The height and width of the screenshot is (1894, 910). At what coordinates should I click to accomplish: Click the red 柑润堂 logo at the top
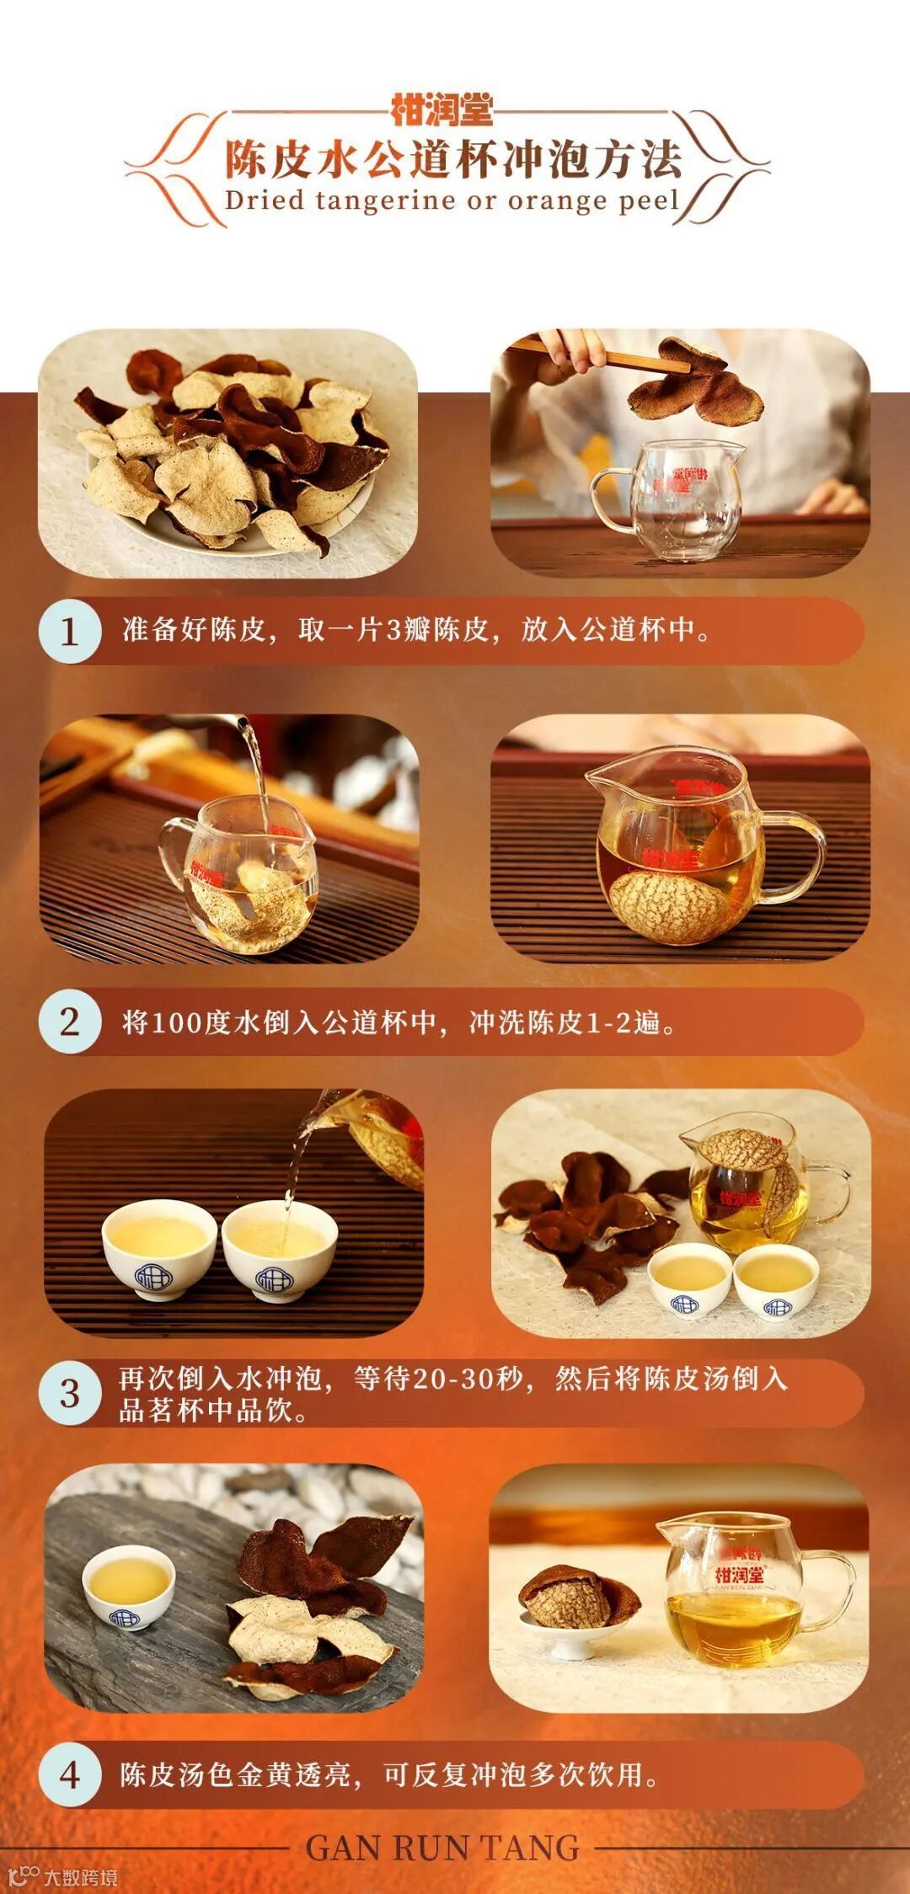click(442, 110)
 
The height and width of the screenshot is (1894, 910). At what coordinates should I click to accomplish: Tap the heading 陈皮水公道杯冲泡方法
click(453, 159)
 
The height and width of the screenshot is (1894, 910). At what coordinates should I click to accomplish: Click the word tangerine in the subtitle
click(384, 202)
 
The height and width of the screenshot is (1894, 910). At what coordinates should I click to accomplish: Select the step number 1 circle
click(69, 632)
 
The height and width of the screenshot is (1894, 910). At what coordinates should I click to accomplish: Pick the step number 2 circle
click(69, 1022)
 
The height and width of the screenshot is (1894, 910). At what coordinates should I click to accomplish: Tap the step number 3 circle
click(69, 1393)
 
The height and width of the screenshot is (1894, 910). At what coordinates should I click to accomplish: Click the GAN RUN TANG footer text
click(442, 1848)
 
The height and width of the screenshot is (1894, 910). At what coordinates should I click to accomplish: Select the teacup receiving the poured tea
click(280, 1250)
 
